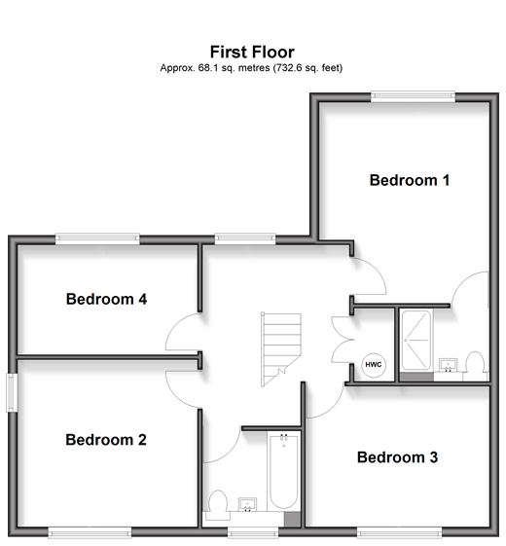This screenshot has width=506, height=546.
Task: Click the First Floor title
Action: click(252, 53)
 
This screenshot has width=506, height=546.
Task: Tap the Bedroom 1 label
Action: click(410, 180)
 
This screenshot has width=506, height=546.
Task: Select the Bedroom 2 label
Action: click(106, 440)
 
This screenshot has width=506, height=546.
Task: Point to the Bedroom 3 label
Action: click(397, 457)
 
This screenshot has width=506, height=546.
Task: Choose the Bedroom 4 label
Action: click(106, 299)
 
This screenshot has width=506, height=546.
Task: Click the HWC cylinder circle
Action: click(374, 365)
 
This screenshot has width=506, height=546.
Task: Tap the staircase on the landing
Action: click(280, 349)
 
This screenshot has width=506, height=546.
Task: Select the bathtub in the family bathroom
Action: click(283, 471)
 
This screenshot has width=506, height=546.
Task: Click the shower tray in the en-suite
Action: click(416, 340)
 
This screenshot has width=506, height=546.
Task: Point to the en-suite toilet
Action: click(475, 366)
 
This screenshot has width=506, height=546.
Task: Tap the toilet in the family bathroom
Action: click(218, 505)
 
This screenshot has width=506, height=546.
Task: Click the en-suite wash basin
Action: click(448, 365)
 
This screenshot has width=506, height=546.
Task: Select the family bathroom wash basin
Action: click(247, 505)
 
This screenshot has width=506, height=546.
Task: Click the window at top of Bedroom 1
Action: click(413, 96)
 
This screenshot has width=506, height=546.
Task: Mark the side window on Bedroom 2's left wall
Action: click(12, 392)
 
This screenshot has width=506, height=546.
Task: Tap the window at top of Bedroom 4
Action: click(97, 238)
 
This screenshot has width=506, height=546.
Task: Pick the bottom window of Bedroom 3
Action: click(399, 531)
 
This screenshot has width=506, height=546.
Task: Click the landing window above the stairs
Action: click(245, 238)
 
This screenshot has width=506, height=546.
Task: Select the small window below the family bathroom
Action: click(253, 531)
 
